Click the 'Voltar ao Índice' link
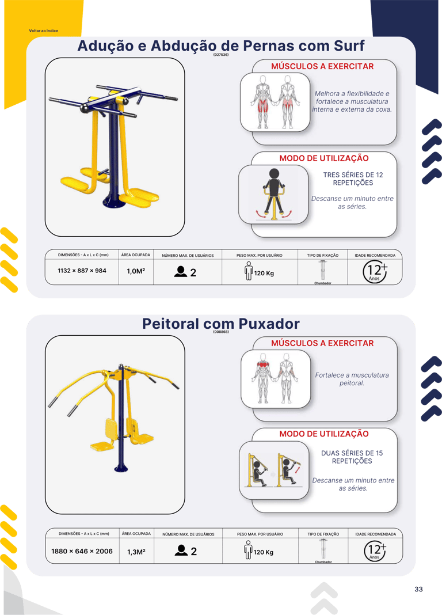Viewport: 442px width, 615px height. (44, 31)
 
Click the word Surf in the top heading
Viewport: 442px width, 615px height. (349, 46)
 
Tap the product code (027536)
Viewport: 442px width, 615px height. (221, 55)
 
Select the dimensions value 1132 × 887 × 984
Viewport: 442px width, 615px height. (82, 271)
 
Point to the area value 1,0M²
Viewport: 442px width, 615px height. (136, 271)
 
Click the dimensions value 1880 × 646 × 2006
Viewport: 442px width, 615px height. (82, 551)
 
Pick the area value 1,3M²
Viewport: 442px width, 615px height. (136, 552)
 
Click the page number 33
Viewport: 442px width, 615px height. (418, 589)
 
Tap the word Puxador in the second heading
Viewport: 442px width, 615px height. (269, 324)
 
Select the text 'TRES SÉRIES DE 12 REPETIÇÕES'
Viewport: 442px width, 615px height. (353, 179)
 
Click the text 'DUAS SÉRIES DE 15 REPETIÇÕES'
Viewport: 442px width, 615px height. (352, 457)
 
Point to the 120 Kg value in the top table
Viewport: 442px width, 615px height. (264, 273)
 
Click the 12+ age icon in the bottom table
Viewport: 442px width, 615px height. (375, 551)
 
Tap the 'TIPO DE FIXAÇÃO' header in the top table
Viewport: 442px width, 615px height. (323, 255)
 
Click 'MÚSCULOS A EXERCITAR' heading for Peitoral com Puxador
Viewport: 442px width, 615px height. (322, 343)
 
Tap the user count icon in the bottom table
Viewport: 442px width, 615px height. (181, 551)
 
